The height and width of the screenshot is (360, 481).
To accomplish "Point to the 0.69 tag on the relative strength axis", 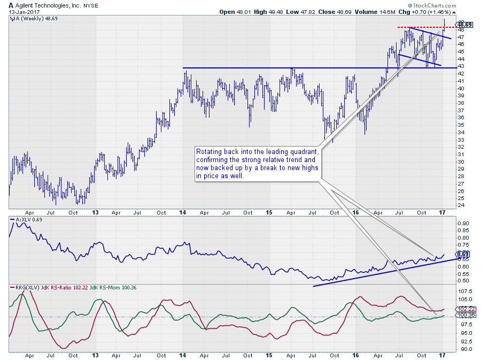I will pyautogui.click(x=463, y=254).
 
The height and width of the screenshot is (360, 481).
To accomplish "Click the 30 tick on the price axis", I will pyautogui.click(x=460, y=162).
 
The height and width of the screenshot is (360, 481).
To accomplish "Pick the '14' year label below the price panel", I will pyautogui.click(x=183, y=212).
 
